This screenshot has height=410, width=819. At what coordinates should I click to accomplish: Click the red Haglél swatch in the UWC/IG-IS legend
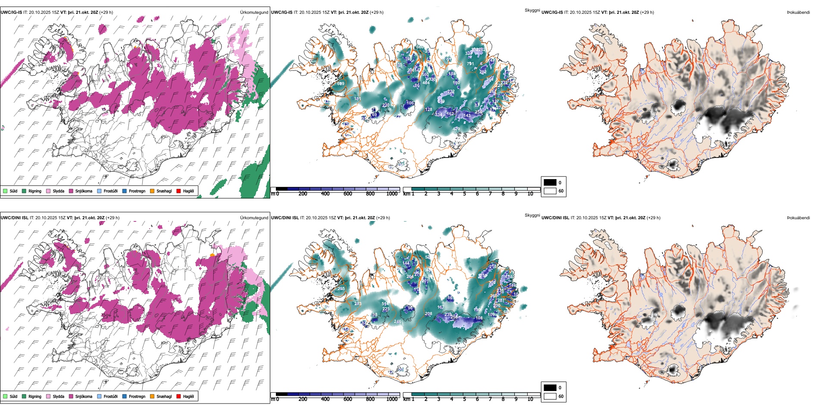click(x=179, y=191)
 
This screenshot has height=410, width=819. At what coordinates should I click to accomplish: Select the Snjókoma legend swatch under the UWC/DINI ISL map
click(x=71, y=396)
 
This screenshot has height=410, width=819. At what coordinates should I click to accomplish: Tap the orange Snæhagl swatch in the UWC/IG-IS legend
click(x=152, y=191)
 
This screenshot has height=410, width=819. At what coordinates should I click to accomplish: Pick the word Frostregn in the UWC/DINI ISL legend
click(x=137, y=396)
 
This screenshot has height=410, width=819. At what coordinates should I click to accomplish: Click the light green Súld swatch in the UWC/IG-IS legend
click(x=5, y=191)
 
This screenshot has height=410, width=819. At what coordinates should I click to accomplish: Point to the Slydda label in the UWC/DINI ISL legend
click(x=59, y=396)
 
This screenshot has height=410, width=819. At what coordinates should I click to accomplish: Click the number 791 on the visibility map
click(x=470, y=64)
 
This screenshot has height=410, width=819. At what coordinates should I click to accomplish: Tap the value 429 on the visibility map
click(x=456, y=129)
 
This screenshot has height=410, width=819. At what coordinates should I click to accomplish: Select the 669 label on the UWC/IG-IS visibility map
click(x=341, y=84)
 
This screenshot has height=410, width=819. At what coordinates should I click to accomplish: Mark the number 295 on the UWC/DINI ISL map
click(x=341, y=289)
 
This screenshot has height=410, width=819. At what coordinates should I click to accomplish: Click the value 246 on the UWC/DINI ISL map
click(x=397, y=322)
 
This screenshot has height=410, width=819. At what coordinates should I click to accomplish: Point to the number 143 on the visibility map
click(x=467, y=116)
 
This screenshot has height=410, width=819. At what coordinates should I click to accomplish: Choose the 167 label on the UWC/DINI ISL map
click(x=441, y=308)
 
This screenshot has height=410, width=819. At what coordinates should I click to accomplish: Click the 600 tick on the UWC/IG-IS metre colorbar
click(x=348, y=194)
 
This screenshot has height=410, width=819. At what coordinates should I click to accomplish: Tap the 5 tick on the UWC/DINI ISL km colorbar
click(x=465, y=399)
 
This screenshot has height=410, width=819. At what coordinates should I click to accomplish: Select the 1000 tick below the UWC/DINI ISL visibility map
click(x=392, y=399)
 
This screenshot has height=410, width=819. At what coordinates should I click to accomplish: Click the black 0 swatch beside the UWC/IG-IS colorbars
click(x=550, y=183)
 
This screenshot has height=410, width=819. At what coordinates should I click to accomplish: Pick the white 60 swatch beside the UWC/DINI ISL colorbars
click(x=550, y=396)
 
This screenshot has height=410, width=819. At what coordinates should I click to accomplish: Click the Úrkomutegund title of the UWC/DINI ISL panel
click(x=254, y=218)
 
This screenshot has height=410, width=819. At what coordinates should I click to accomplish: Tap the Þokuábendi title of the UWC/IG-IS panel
click(x=798, y=13)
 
